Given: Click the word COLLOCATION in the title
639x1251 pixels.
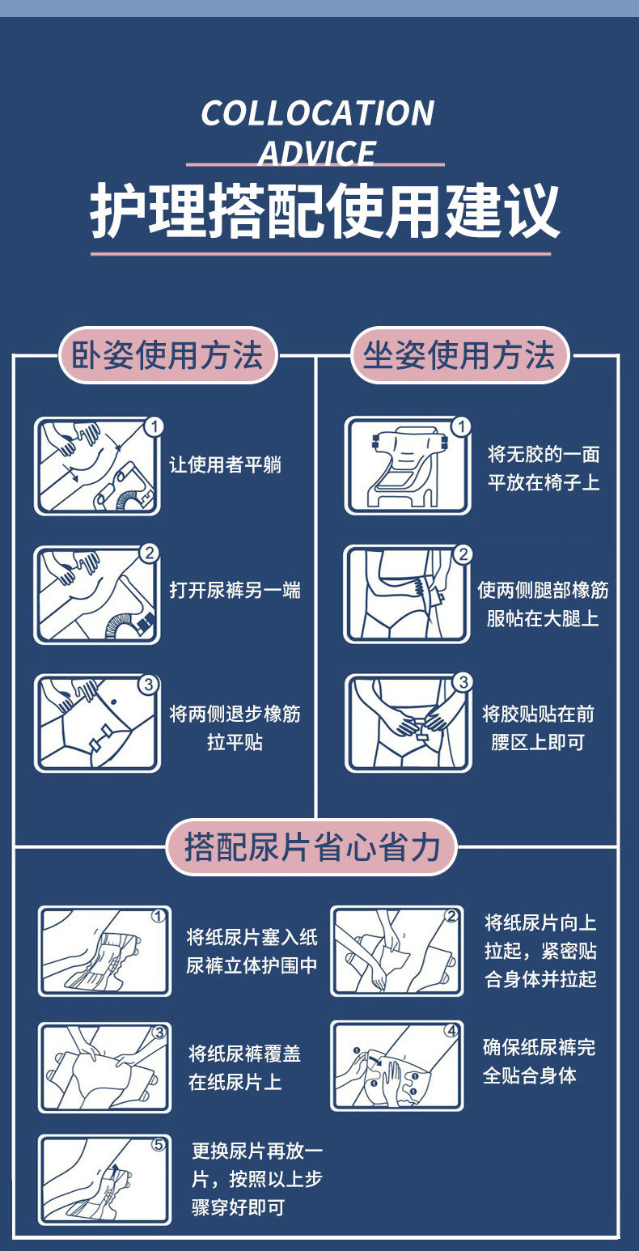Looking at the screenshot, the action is coord(318,113).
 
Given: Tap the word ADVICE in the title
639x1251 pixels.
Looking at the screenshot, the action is coord(317,153).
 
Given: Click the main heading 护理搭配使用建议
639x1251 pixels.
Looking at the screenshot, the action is coord(325,211).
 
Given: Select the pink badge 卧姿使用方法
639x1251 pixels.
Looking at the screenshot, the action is coord(167,355).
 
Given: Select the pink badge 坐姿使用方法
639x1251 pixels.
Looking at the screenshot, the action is coord(459,355).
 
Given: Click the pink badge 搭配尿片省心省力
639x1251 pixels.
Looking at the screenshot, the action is coord(311,846).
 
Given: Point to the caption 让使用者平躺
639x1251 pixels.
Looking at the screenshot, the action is coord(226,464).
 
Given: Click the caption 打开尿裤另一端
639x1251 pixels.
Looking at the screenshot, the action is coord(235,591).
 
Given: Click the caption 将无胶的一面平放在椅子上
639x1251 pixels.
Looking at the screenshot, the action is coord(544,468).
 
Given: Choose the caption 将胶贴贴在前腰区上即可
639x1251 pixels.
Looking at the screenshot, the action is coord(538,727).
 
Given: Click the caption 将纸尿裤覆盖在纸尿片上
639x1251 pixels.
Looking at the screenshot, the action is coord(244,1068).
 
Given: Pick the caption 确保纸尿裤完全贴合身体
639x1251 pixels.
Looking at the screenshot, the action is coord(539,1061).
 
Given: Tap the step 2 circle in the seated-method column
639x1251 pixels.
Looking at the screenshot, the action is coord(463,554).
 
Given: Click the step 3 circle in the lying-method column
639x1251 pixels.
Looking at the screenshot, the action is coord(149,685).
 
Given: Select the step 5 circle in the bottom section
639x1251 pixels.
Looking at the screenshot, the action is coord(159,1145).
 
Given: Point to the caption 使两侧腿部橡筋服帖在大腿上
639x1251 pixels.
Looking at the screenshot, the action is coord(543,604).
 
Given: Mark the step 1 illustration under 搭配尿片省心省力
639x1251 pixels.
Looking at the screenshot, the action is coord(105,951).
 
